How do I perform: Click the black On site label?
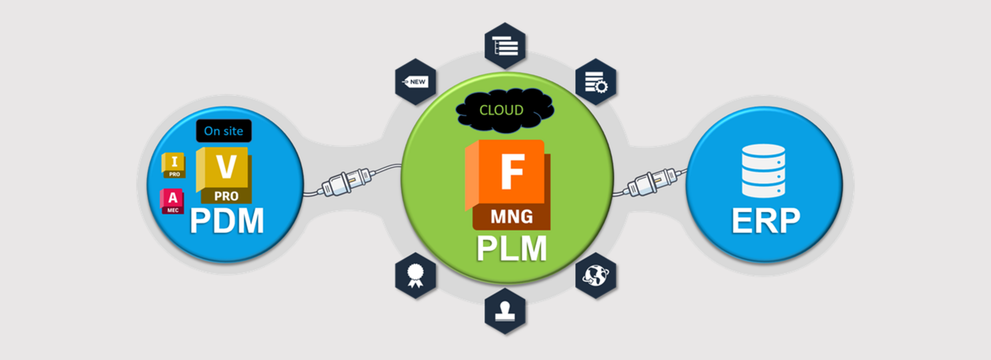coord(223,131)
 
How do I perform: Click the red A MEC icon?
coord(172,201)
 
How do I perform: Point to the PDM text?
coord(226,221)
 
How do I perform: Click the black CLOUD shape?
coord(504,110)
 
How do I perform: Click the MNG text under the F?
coord(512,217)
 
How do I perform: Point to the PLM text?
coord(511,248)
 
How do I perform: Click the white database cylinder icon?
coord(763,170)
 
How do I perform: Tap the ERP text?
coord(765,221)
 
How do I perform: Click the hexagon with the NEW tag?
coord(416,82)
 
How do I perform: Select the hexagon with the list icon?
coord(505,46)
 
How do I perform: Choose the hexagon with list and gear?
coord(595,82)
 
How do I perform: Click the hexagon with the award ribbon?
coord(416,276)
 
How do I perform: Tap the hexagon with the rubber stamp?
coord(505,311)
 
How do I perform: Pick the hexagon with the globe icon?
coord(595,276)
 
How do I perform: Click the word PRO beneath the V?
coord(226,196)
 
